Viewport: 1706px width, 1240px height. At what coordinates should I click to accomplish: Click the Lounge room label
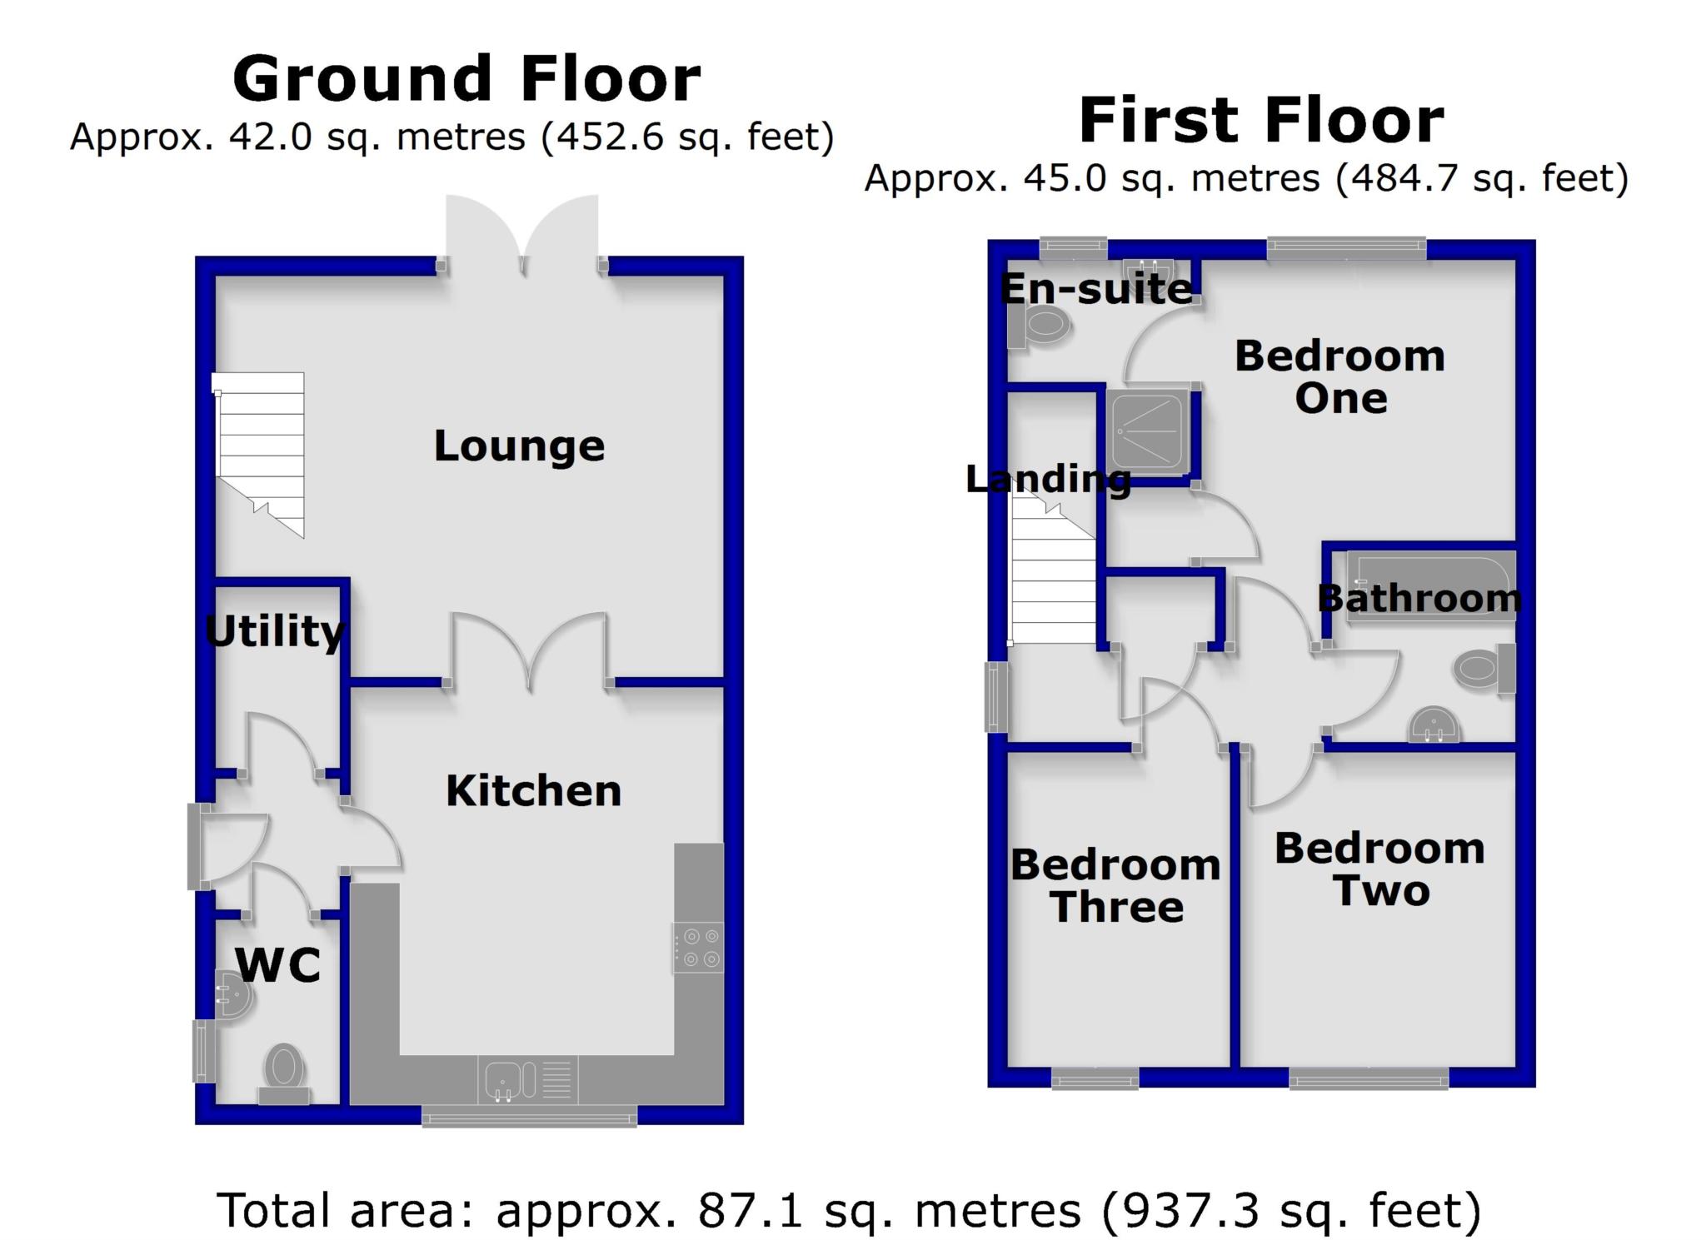[519, 446]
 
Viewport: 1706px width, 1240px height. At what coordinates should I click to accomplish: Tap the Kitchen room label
[534, 791]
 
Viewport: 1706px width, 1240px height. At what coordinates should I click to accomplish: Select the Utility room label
[274, 631]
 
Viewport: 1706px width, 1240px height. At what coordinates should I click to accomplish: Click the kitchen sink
[528, 1080]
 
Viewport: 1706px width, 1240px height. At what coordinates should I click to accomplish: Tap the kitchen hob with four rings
[698, 948]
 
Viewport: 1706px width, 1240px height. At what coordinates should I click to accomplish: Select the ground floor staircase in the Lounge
[259, 454]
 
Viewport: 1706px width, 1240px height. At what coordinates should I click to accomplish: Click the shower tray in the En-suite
[1149, 431]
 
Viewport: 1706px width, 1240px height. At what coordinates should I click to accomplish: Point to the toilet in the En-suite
[1038, 325]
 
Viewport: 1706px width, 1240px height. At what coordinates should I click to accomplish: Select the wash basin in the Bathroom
[1434, 725]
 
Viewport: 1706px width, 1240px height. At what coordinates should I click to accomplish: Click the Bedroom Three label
[1115, 886]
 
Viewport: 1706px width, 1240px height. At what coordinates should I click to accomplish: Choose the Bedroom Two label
[1379, 870]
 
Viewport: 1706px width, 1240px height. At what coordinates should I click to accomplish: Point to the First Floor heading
[1261, 120]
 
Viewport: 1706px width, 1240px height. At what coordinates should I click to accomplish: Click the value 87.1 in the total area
[750, 1211]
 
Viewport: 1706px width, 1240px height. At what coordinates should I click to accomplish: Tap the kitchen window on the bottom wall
[529, 1116]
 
